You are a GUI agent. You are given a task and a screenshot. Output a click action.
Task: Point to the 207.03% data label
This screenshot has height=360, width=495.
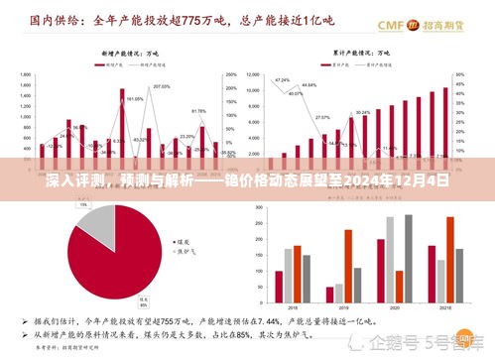(x=162, y=87)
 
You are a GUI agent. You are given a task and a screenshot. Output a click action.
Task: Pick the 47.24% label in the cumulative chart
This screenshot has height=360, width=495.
(x=283, y=79)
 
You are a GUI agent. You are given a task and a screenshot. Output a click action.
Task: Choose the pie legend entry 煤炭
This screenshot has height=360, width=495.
(x=184, y=240)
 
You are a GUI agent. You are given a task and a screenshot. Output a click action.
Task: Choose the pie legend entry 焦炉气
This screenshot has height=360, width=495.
(x=186, y=250)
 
